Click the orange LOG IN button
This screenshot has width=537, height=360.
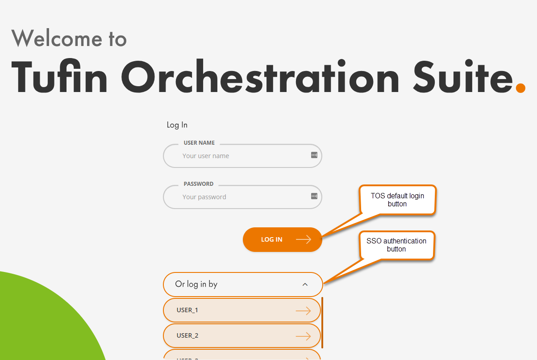click(282, 239)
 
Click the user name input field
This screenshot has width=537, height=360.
click(242, 156)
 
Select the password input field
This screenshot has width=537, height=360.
click(242, 197)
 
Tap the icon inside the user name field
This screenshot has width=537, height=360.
click(314, 155)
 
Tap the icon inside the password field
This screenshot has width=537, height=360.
click(314, 196)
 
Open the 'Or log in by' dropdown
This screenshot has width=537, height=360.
click(243, 285)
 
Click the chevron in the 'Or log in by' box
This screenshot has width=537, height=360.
click(305, 285)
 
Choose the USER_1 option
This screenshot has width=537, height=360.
click(241, 310)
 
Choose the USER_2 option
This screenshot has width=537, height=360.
click(241, 335)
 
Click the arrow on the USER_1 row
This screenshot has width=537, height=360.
click(303, 311)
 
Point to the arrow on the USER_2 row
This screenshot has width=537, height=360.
click(303, 336)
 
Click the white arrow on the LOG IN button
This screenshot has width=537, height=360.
click(304, 239)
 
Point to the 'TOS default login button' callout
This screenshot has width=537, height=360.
click(397, 200)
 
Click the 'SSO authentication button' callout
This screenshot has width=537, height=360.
click(396, 245)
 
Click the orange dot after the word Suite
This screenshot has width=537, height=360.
click(520, 88)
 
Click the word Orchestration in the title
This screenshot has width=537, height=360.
click(260, 76)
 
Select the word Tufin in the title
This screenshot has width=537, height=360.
click(59, 76)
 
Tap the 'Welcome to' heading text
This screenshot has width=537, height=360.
click(69, 38)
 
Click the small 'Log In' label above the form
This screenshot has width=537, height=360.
click(177, 125)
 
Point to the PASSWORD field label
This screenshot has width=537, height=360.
click(199, 184)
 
